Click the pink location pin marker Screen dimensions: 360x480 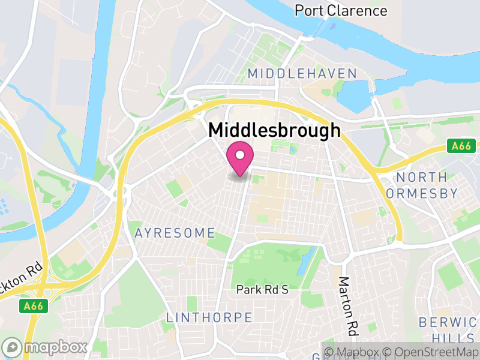(x=240, y=159)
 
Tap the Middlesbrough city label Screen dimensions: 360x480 (x=274, y=131)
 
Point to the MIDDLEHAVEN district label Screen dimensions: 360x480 (x=302, y=73)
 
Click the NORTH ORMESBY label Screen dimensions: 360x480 (x=427, y=185)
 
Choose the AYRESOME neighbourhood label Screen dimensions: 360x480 (x=175, y=232)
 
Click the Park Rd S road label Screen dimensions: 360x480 (x=262, y=290)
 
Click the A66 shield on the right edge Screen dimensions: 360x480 (x=461, y=146)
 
